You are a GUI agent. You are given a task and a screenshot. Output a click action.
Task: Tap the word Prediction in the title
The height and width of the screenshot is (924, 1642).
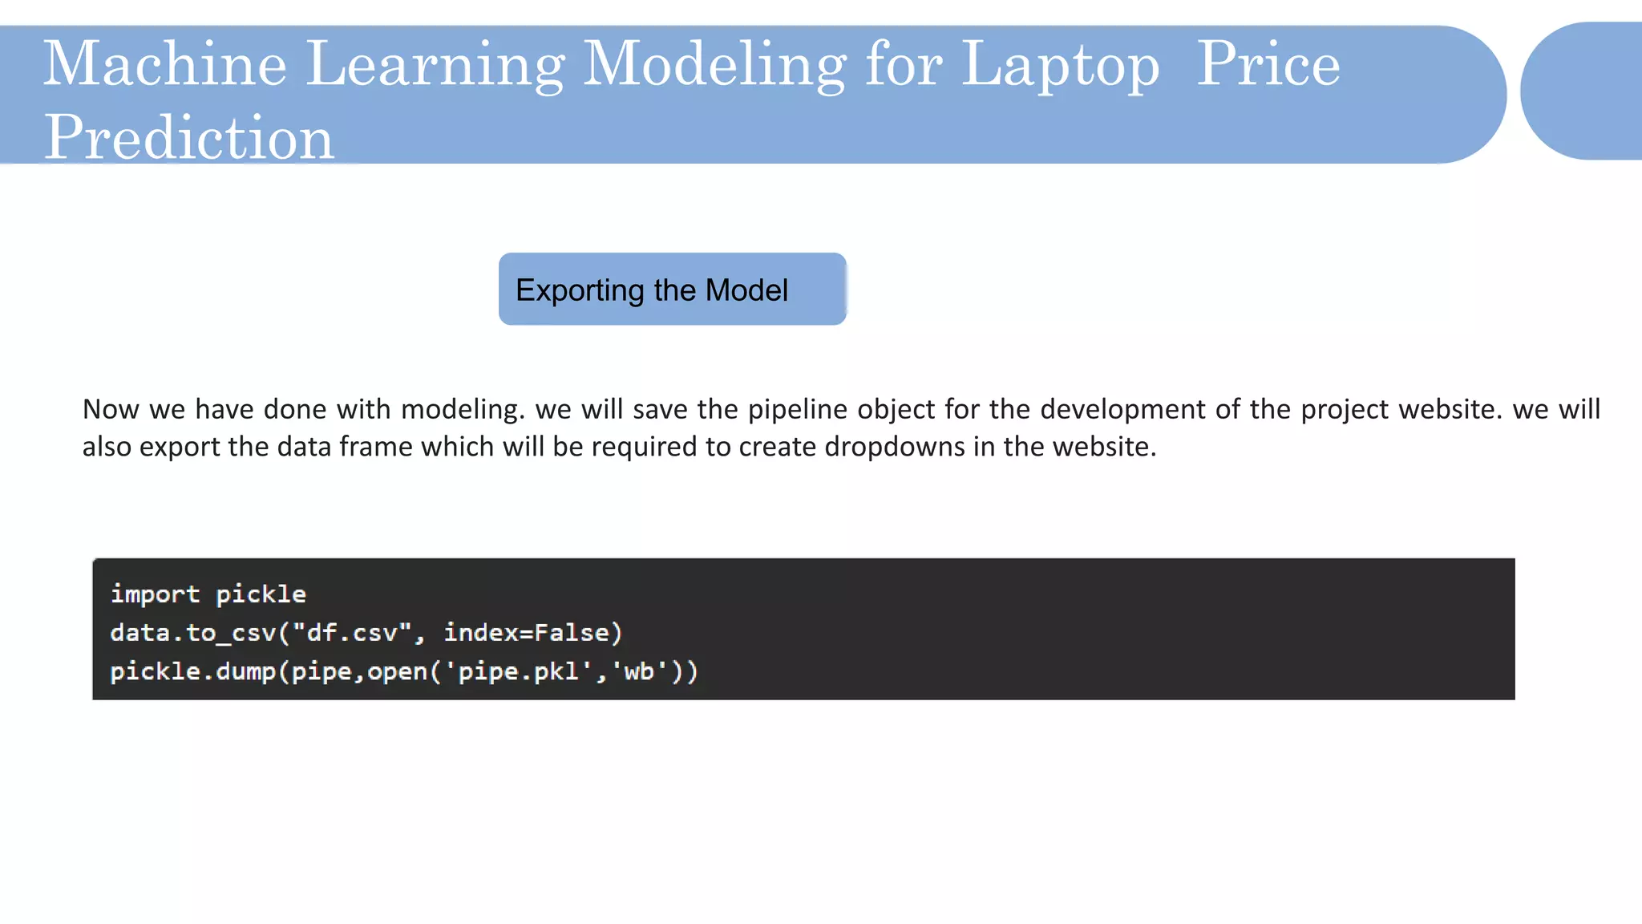(x=188, y=137)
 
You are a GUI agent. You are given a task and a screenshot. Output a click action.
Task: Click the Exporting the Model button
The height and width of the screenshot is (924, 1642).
(x=672, y=290)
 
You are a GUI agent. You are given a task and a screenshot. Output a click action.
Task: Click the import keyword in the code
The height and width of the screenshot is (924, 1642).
(x=155, y=594)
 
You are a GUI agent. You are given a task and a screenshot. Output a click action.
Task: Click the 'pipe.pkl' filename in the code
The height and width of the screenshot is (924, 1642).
(x=524, y=671)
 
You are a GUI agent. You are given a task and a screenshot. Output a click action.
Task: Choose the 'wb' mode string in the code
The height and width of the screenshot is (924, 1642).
(x=639, y=671)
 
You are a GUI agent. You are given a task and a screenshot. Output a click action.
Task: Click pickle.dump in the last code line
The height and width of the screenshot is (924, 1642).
(x=192, y=671)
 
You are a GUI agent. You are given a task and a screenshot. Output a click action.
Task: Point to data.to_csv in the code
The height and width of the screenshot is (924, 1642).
(x=192, y=633)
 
